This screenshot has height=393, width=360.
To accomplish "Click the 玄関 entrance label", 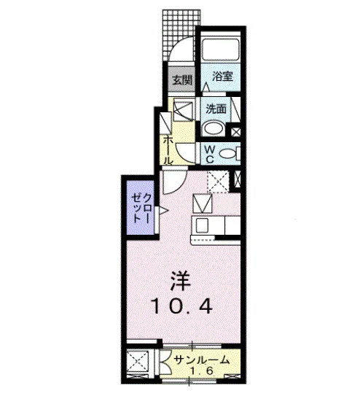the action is [182, 80].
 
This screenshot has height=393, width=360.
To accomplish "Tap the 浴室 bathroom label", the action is [222, 76].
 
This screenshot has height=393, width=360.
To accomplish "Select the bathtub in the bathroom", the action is [221, 50].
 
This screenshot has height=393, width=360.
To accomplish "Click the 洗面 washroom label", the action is [216, 109].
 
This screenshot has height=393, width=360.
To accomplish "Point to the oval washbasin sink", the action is [214, 128].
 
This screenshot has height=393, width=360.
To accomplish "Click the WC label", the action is [210, 155].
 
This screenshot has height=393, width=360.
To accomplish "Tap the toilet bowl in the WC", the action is [229, 153].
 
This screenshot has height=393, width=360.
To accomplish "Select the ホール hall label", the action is [168, 150].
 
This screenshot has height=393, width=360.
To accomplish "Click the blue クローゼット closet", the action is [140, 207].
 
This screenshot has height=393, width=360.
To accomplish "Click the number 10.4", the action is [182, 307].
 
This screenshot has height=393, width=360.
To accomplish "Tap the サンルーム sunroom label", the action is [201, 360].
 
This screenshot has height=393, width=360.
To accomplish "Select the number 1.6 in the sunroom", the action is [202, 370].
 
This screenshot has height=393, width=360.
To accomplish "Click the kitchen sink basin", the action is [202, 225].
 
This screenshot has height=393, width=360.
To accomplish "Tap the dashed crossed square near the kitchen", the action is [218, 182].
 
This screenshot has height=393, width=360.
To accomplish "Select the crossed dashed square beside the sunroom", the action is [137, 362].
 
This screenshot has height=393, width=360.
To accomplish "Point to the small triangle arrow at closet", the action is [162, 211].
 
